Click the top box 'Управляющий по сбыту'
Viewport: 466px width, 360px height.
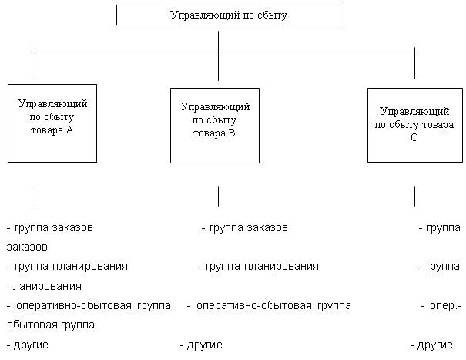[227, 15]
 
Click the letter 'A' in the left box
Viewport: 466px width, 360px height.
[70, 130]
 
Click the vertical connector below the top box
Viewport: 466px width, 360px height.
[219, 39]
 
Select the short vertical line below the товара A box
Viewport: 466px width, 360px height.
[35, 195]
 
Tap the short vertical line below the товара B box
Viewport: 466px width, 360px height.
[219, 195]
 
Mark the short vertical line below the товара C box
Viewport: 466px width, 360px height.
[414, 195]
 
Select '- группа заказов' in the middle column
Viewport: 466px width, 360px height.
[245, 229]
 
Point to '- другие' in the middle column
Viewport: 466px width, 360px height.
[201, 344]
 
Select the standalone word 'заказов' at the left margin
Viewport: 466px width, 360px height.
[27, 247]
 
